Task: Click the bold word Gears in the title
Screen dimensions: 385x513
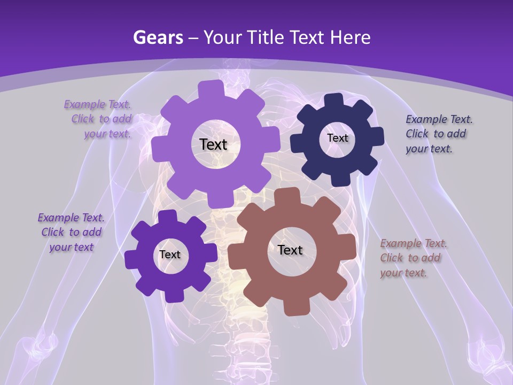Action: (x=158, y=37)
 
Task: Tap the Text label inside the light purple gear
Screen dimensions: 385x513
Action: (x=213, y=144)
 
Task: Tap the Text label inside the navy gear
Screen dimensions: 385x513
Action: (x=337, y=138)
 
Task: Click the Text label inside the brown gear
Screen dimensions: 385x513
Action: (x=290, y=250)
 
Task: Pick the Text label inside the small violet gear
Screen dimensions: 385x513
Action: (x=170, y=255)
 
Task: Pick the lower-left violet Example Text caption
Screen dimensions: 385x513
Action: (x=71, y=232)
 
